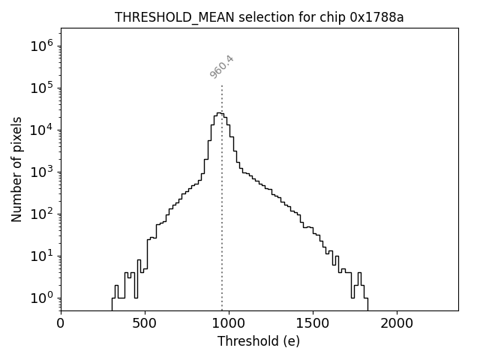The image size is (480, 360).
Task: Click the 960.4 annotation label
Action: [222, 67]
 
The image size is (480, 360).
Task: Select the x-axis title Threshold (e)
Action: [258, 341]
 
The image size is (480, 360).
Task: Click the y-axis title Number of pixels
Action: [16, 169]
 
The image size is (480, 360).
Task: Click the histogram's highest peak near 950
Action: [219, 113]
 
